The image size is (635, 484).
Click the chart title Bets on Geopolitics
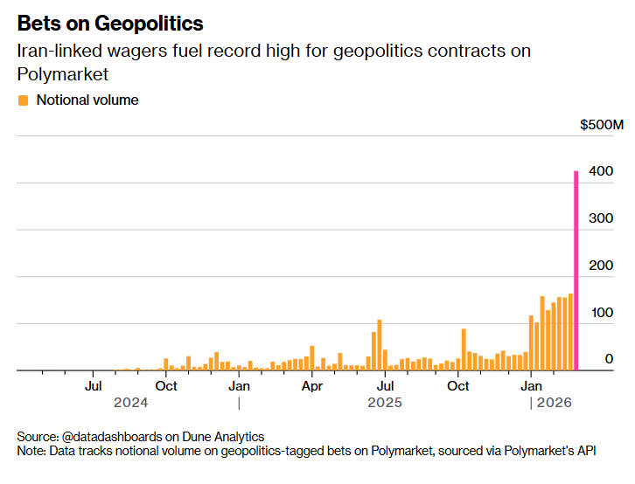[110, 24]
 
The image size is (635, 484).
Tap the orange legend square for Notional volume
[24, 100]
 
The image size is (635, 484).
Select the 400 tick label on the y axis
[601, 172]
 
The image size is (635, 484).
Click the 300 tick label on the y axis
[601, 219]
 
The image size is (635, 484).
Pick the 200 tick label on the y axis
[601, 266]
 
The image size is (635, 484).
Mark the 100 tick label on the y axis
[601, 313]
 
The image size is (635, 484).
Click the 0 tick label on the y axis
[609, 359]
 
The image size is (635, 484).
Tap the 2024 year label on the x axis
[131, 403]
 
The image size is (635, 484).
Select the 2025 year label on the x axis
[385, 403]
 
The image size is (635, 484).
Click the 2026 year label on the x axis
[555, 403]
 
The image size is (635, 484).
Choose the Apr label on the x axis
[312, 385]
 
